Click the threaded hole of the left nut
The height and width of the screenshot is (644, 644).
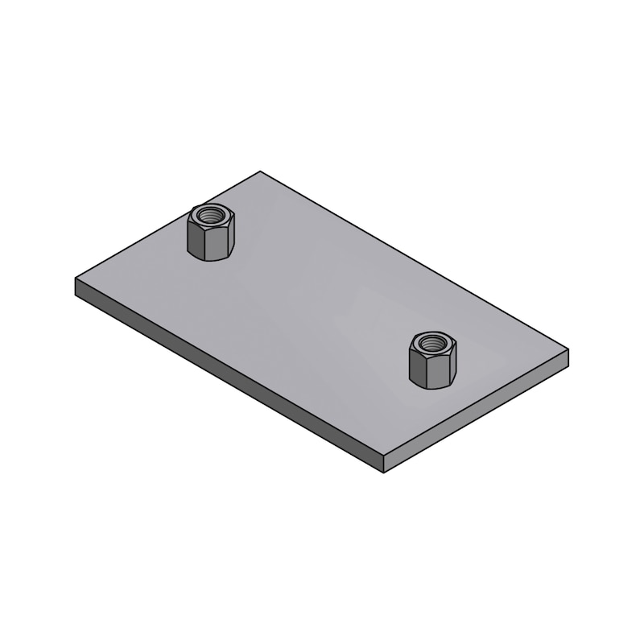[211, 216]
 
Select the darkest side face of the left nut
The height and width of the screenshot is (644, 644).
[195, 240]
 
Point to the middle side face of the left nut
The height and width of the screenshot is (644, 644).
[213, 245]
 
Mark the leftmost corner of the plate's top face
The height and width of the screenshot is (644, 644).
[76, 279]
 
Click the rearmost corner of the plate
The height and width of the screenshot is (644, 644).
[260, 171]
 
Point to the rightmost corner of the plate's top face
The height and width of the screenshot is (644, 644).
[568, 349]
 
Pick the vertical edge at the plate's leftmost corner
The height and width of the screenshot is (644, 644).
[76, 287]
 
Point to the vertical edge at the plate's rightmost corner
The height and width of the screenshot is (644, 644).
[568, 357]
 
